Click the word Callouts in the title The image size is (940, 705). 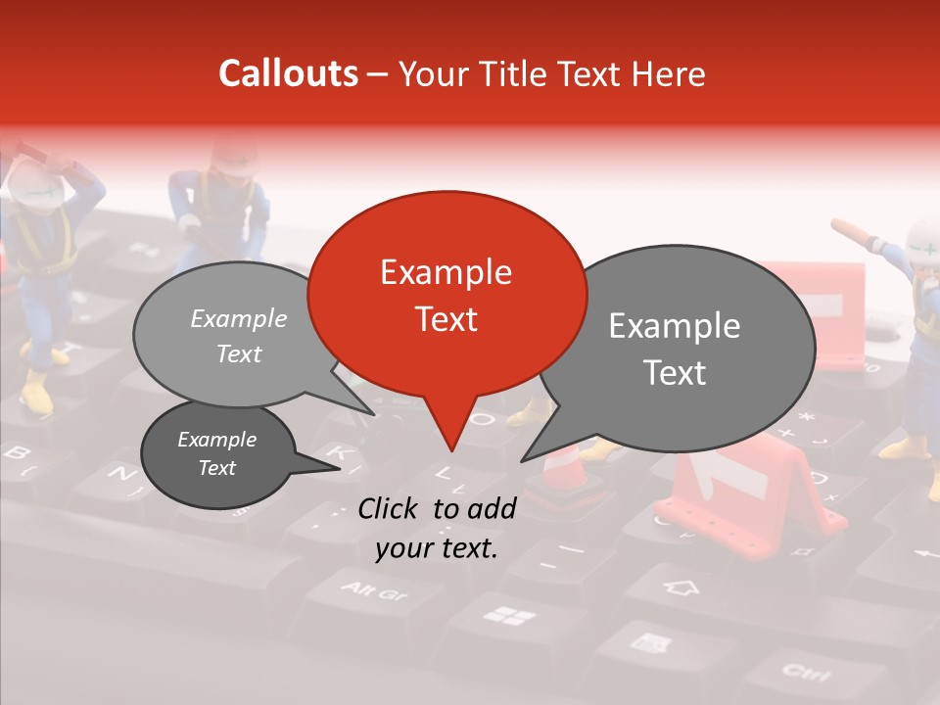288,73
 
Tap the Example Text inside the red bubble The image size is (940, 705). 446,296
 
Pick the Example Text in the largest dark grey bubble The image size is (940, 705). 675,350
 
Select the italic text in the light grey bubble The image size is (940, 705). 239,336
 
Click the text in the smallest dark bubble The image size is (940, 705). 217,453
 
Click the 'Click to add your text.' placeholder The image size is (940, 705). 437,528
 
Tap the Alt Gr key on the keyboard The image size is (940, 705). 376,590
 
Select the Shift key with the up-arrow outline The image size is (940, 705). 682,587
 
